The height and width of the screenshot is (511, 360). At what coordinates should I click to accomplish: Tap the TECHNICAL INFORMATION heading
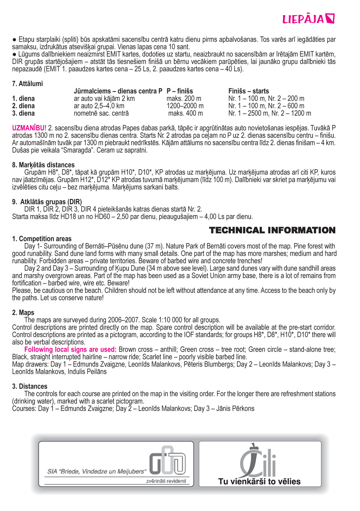pyautogui.click(x=272, y=230)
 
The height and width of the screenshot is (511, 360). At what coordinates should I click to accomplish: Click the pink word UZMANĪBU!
pyautogui.click(x=29, y=128)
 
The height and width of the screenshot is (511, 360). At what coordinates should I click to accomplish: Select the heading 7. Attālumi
pyautogui.click(x=28, y=84)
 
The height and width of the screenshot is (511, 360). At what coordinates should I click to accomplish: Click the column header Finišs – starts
pyautogui.click(x=248, y=91)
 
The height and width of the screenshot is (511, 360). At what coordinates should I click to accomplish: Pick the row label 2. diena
pyautogui.click(x=23, y=106)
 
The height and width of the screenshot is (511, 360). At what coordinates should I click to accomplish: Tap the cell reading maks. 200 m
pyautogui.click(x=184, y=99)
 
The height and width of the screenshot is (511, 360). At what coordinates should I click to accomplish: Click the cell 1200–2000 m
pyautogui.click(x=185, y=106)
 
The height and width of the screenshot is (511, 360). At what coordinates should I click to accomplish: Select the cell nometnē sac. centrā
pyautogui.click(x=101, y=113)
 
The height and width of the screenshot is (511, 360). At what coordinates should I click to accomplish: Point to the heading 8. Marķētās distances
pyautogui.click(x=43, y=165)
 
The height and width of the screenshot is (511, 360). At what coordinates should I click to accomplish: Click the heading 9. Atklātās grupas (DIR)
pyautogui.click(x=47, y=202)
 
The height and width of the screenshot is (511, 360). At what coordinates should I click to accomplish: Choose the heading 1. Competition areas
pyautogui.click(x=42, y=239)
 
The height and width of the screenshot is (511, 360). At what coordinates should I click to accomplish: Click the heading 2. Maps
pyautogui.click(x=23, y=313)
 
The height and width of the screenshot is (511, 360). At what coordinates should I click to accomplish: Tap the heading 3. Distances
pyautogui.click(x=30, y=386)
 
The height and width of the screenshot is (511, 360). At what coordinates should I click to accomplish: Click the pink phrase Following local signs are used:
pyautogui.click(x=70, y=350)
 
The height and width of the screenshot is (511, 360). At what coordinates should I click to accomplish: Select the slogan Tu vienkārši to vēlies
pyautogui.click(x=259, y=481)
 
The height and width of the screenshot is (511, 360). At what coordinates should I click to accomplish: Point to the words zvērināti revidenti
pyautogui.click(x=166, y=481)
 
